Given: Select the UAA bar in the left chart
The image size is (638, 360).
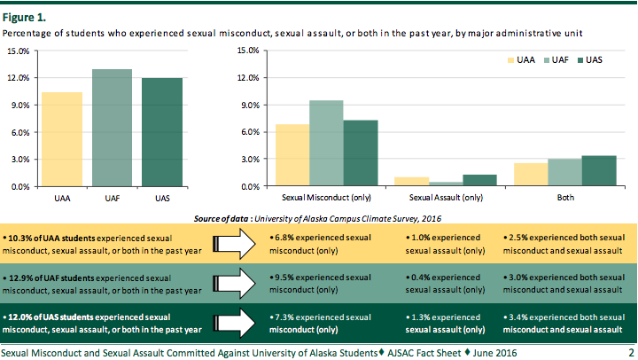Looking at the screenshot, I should (62, 139).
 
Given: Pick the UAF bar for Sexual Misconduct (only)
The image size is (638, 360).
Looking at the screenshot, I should (326, 143).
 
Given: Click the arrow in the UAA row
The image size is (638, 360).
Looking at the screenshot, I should (235, 245).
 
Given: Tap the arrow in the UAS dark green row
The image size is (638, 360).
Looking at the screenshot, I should (235, 323).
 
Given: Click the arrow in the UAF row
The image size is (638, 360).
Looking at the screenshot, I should (235, 284).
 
